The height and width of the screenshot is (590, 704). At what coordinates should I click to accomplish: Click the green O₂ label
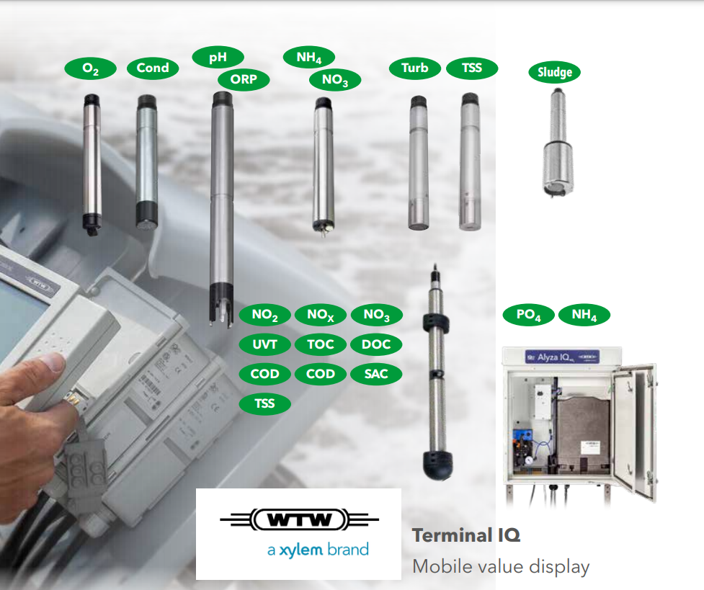click(x=91, y=68)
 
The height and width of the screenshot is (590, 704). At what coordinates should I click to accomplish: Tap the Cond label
click(x=153, y=68)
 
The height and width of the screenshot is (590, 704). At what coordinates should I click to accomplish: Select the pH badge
click(x=218, y=57)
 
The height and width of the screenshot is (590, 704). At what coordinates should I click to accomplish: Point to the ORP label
click(x=243, y=79)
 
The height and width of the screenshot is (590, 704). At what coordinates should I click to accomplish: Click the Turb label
click(x=414, y=68)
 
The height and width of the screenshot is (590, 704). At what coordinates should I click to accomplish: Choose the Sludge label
click(x=555, y=72)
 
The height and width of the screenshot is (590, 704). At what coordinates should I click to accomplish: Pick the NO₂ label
click(x=264, y=315)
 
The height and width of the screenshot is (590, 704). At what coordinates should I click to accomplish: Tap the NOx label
click(x=321, y=315)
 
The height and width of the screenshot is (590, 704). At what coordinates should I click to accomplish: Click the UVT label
click(x=264, y=344)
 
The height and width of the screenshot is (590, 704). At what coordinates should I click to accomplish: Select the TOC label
click(x=321, y=344)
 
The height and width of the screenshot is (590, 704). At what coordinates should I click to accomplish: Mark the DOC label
click(x=376, y=344)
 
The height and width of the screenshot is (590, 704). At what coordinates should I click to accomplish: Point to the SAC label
click(x=376, y=374)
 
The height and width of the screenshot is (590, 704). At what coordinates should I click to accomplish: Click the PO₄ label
click(x=528, y=316)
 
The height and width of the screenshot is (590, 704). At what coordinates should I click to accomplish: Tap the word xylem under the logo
click(x=302, y=550)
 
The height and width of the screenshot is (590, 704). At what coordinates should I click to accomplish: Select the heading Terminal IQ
click(x=465, y=535)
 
